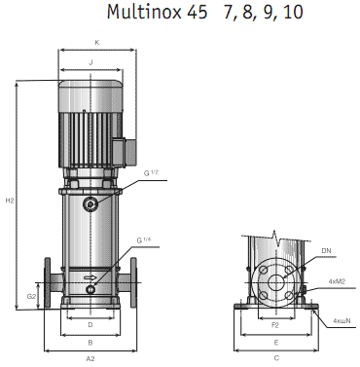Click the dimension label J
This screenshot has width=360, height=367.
pos(90,61)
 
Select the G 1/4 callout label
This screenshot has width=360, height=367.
pos(146,239)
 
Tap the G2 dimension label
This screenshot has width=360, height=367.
pos(31,295)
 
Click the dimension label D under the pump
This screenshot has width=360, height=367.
pos(90,324)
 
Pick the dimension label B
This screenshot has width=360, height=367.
pos(90,343)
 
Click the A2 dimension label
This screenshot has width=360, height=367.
pos(90,359)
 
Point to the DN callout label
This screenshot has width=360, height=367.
pos(327,251)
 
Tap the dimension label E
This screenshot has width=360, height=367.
pos(276,343)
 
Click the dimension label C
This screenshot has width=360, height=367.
pos(276,359)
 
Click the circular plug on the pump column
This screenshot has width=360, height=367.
pos(90,205)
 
